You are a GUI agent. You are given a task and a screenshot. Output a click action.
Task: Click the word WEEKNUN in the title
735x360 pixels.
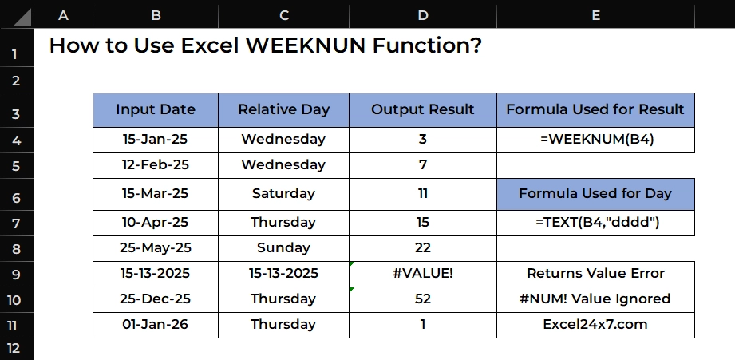point(305,45)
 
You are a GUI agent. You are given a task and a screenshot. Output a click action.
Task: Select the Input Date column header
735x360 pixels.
point(156,109)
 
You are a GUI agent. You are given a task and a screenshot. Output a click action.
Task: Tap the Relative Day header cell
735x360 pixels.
point(283,109)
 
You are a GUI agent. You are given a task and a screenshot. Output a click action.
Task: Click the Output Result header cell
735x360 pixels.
point(423,109)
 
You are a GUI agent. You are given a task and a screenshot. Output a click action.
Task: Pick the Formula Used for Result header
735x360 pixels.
point(595,109)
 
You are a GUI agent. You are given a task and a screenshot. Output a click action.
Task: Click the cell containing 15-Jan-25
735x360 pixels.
point(156,140)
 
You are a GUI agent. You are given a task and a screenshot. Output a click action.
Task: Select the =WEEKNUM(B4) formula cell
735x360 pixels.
point(595,140)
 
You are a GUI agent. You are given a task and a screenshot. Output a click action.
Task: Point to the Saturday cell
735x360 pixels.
point(283,194)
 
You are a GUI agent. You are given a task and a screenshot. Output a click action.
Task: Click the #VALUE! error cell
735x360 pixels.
point(423,274)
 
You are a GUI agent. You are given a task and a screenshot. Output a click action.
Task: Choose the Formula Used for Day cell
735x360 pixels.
point(595,194)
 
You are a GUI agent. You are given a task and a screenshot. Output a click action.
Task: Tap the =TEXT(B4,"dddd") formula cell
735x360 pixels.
point(595,223)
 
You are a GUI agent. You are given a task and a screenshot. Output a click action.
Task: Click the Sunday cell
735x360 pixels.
point(283,248)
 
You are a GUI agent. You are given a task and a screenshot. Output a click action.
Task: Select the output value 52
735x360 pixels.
point(423,299)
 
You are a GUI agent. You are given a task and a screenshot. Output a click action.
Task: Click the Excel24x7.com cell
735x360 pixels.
point(595,325)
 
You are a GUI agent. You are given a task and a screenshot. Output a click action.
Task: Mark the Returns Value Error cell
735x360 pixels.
point(595,274)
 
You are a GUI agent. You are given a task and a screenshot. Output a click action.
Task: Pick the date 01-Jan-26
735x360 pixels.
point(155,325)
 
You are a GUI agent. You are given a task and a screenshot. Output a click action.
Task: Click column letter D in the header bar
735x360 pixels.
point(423,15)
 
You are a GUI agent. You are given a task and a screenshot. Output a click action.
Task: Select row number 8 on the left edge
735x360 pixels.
point(16,249)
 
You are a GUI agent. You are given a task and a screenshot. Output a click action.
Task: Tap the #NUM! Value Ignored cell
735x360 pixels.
point(595,299)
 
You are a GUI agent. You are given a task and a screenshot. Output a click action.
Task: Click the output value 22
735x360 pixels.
point(423,248)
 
